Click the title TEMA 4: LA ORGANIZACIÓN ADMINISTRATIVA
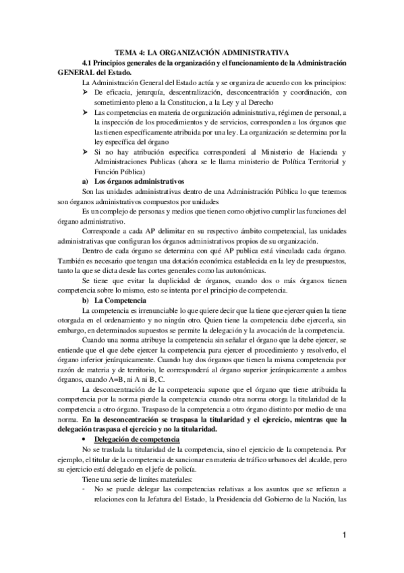(x=202, y=51)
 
